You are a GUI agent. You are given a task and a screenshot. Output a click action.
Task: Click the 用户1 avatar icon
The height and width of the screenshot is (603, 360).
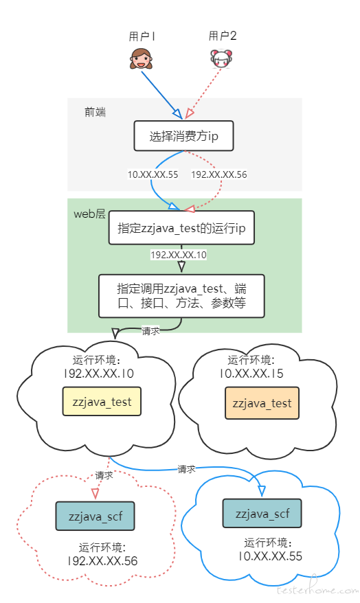coord(142,59)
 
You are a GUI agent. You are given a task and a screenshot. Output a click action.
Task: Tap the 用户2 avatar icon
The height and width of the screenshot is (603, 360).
coord(221,59)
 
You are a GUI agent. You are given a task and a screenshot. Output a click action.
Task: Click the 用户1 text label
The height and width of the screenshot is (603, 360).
coord(142,36)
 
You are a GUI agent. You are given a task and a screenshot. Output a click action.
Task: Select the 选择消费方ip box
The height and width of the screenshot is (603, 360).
coord(184,136)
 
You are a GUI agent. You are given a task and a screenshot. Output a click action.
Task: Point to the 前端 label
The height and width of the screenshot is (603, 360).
coord(95,112)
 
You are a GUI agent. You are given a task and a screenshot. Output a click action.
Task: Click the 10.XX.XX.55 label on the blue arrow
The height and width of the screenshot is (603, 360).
coord(153,174)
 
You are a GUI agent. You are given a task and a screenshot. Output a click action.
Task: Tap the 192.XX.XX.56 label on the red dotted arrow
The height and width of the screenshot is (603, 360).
coord(219,174)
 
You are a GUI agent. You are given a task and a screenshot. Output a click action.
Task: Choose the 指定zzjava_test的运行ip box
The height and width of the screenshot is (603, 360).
coord(181,227)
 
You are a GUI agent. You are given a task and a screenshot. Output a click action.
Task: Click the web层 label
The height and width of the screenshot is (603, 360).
coord(89,214)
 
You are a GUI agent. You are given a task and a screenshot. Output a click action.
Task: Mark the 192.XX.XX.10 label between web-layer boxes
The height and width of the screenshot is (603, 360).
coord(179,255)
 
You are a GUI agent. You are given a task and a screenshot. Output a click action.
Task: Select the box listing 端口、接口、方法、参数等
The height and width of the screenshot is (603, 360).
coord(181,296)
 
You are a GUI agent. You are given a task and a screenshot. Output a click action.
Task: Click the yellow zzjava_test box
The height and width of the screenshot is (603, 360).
coord(102,402)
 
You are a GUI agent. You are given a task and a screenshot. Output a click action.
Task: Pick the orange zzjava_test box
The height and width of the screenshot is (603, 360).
coord(262,403)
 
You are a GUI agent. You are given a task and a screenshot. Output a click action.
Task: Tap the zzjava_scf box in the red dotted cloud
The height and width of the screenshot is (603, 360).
coord(95,516)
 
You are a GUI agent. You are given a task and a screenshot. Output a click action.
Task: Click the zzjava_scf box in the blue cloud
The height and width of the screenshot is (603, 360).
coord(262,514)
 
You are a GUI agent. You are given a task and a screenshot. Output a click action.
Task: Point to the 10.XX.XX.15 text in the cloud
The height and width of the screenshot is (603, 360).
coord(251,374)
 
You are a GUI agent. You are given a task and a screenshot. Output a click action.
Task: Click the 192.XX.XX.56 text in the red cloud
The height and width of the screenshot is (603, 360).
coord(102,560)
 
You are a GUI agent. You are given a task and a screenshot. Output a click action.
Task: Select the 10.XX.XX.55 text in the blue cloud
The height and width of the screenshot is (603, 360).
coord(270,556)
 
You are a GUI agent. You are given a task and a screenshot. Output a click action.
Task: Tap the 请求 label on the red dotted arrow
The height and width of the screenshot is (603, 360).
coord(104,475)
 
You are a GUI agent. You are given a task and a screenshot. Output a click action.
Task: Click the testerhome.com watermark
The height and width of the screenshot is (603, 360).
coord(317,589)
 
